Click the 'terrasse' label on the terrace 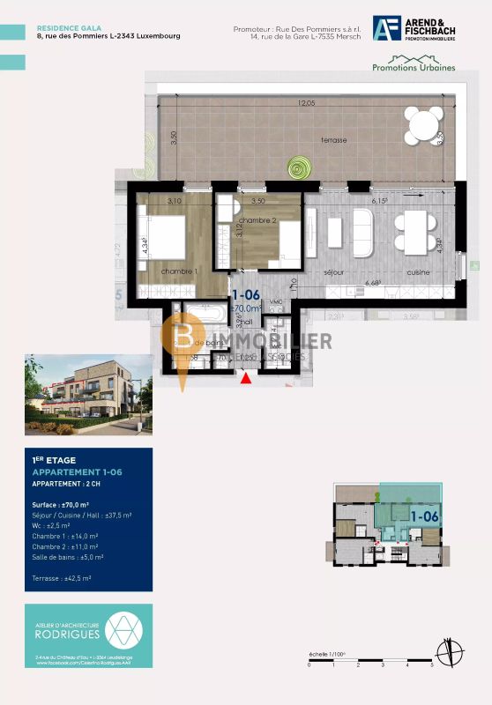click(333, 140)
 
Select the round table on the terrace click(425, 124)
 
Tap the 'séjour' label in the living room click(332, 272)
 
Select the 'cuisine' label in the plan click(417, 272)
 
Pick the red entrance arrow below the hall click(246, 378)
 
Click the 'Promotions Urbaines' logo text click(414, 67)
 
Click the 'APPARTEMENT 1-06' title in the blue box click(77, 473)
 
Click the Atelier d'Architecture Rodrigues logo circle click(121, 629)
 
